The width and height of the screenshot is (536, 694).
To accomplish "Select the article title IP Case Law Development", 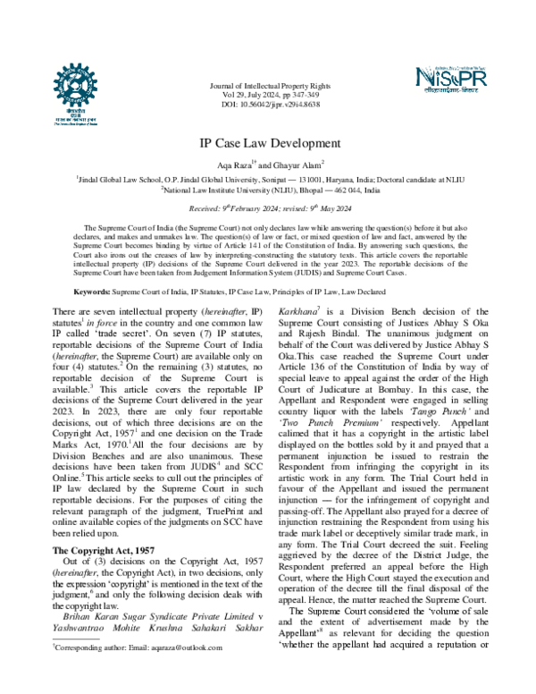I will (x=268, y=143).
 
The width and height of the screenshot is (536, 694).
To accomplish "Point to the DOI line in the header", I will (x=268, y=105).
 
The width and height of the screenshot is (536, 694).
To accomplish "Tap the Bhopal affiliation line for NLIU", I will (x=268, y=190).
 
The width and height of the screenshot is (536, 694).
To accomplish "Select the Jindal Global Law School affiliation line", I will (x=268, y=179).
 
